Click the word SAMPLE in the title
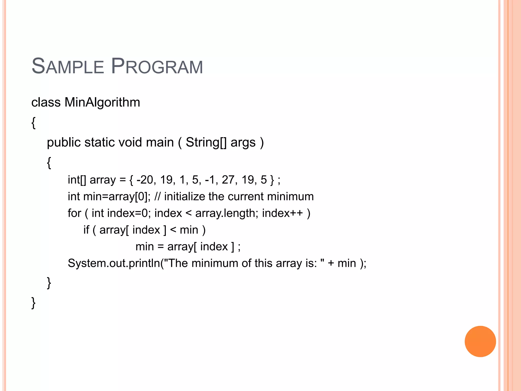point(68,66)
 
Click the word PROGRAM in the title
point(157,66)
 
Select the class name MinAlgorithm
point(102,102)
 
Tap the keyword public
point(64,142)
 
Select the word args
point(243,143)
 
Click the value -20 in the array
point(145,180)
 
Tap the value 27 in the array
point(228,180)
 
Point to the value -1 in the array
point(210,180)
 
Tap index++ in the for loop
point(282,213)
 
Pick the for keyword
point(74,213)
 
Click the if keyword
point(86,230)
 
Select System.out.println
point(114,263)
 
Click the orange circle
point(480,341)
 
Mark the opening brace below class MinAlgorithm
point(34,123)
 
